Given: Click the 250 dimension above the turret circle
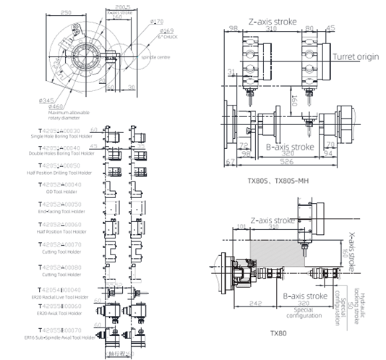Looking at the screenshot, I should [66, 12].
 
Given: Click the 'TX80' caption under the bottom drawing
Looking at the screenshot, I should [279, 333].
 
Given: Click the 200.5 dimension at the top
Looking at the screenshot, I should [112, 6].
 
